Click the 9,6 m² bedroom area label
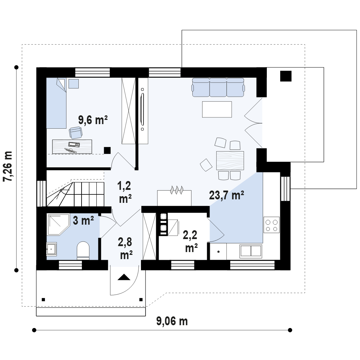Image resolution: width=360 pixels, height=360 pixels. coord(93,120)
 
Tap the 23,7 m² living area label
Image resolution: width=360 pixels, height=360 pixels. coord(226,195)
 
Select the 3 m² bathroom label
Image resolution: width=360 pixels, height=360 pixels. coord(83,221)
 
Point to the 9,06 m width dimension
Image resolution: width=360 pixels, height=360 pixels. coord(172,321)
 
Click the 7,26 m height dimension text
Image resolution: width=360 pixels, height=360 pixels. coord(8,166)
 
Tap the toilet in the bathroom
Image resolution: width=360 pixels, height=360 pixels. coord(83,250)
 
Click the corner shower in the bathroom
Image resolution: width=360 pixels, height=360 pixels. coord(58,225)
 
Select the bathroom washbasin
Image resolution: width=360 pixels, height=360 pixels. coord(51,249)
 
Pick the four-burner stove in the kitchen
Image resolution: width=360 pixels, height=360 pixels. coord(271,225)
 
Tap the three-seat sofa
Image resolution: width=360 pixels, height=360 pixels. coord(218,88)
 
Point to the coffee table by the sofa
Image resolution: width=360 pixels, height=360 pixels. coord(217,109)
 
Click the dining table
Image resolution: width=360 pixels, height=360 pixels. coord(230,160)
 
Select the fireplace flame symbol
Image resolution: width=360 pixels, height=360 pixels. coord(176,190)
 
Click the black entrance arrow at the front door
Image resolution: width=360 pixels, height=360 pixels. coord(124,277)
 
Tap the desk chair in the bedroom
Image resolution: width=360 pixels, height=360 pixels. coord(76,133)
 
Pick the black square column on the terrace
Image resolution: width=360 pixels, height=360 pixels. coord(286,76)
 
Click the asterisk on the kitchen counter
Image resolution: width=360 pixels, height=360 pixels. coord(218,252)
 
